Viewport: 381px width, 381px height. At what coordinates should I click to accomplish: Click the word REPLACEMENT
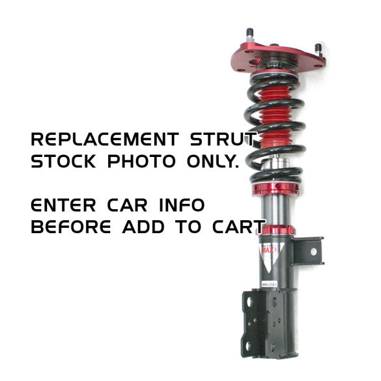tap(105, 139)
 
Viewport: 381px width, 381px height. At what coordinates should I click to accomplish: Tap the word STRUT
tap(223, 139)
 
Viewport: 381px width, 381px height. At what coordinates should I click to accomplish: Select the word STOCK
tap(63, 161)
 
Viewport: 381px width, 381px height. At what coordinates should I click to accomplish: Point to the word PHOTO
tap(141, 161)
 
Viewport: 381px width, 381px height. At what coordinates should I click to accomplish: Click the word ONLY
tap(213, 161)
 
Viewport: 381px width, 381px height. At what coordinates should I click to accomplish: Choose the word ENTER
tap(63, 205)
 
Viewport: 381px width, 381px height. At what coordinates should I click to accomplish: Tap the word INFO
tap(182, 205)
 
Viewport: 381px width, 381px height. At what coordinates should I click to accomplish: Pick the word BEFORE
tap(71, 227)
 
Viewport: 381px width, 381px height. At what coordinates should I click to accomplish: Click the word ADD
tap(143, 227)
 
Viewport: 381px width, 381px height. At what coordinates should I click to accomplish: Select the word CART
tap(238, 227)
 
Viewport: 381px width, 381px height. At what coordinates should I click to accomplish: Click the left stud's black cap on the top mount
tap(250, 32)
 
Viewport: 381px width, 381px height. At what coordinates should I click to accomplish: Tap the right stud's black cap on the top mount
tap(318, 47)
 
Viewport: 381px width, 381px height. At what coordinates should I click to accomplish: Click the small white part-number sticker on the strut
tap(269, 284)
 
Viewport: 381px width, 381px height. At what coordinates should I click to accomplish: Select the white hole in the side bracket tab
tap(313, 252)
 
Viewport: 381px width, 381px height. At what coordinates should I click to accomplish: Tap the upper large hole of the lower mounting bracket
tap(249, 302)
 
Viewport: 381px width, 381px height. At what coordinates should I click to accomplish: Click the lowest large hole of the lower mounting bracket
tap(248, 346)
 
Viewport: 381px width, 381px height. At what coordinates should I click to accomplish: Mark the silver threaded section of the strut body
tap(275, 210)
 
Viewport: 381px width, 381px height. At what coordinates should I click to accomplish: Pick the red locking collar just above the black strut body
tap(275, 231)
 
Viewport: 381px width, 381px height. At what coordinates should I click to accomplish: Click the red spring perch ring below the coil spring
tap(275, 189)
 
